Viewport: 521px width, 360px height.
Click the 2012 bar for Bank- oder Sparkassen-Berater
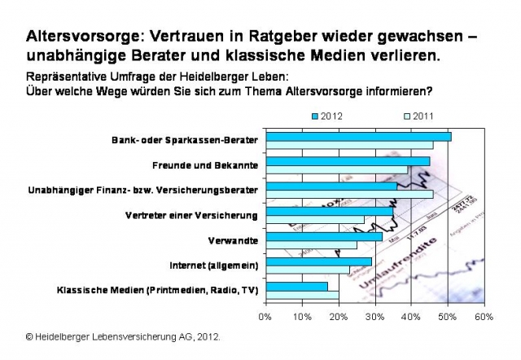[x=358, y=136]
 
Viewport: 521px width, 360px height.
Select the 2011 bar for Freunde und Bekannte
[x=338, y=169]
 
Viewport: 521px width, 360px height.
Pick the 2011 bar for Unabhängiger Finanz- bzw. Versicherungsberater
[x=350, y=195]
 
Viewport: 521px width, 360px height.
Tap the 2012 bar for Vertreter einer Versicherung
[x=330, y=211]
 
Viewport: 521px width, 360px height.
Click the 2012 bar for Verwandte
[x=324, y=236]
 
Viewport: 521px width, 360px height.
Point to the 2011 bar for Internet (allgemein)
[x=308, y=270]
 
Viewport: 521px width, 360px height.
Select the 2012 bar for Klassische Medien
[x=297, y=286]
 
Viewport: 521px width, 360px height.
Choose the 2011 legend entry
[x=418, y=116]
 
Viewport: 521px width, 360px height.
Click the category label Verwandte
[x=234, y=240]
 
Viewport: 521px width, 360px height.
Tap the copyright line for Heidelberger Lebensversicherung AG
[x=122, y=336]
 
